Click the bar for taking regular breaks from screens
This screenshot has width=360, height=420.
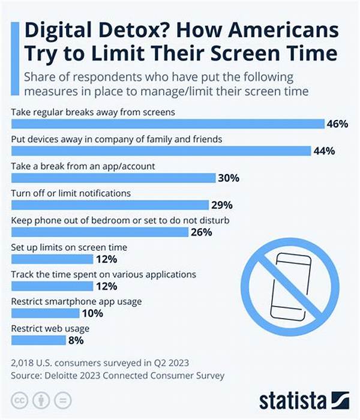(168, 124)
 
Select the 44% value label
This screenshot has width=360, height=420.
(325, 151)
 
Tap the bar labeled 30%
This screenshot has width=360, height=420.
(113, 178)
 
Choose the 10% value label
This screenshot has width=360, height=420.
(93, 313)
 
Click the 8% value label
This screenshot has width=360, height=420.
(76, 340)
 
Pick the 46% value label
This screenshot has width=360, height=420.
(337, 124)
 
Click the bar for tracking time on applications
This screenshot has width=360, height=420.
(52, 286)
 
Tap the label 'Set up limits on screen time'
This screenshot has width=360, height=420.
(69, 247)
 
